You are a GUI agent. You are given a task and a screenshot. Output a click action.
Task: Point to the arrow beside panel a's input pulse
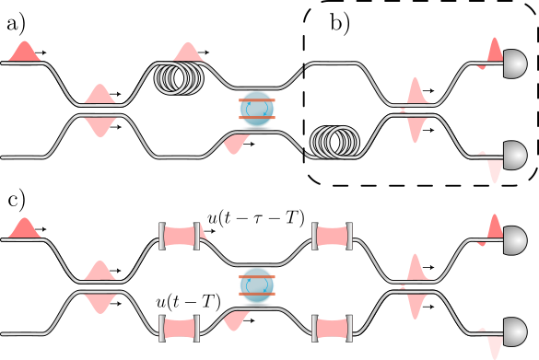[46, 53]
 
